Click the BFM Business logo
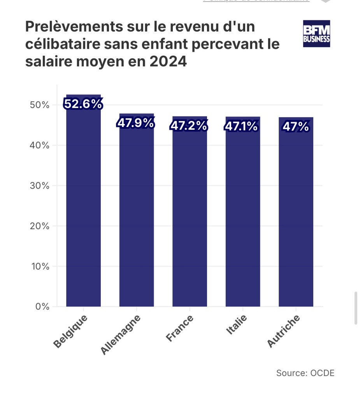click(316, 34)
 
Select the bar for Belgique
click(83, 207)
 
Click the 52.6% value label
click(83, 104)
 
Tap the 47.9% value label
click(136, 123)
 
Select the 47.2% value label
click(189, 126)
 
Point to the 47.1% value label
click(242, 127)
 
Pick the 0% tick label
click(42, 307)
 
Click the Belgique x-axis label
click(71, 332)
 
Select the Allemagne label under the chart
click(121, 335)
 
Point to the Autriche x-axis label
click(284, 332)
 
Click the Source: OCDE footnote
click(305, 373)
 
